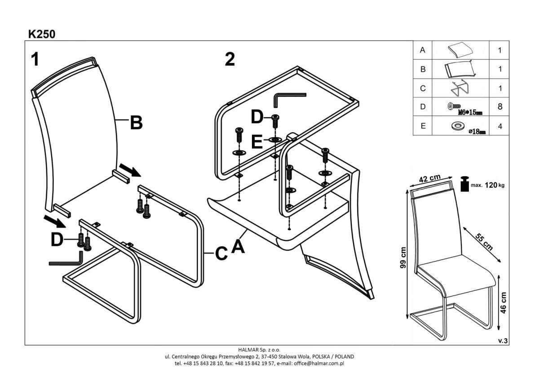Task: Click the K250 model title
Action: [42, 34]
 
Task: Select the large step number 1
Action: [35, 60]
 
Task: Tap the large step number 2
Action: [230, 59]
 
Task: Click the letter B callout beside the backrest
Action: [136, 123]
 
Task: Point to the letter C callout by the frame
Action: [221, 253]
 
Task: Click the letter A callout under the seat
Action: [238, 246]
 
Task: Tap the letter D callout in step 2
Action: [256, 118]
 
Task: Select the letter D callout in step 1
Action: [57, 240]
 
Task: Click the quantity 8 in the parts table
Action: [499, 107]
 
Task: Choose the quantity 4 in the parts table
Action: [499, 126]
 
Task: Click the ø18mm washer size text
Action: [477, 132]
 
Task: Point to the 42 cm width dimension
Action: [429, 179]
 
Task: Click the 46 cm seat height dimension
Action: [504, 302]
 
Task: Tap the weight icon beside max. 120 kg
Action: [463, 184]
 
